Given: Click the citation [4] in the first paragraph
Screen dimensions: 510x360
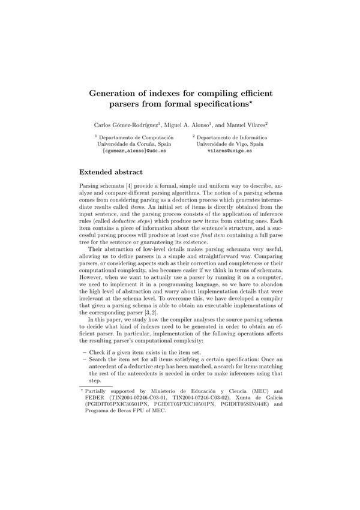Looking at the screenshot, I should [x=134, y=188].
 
